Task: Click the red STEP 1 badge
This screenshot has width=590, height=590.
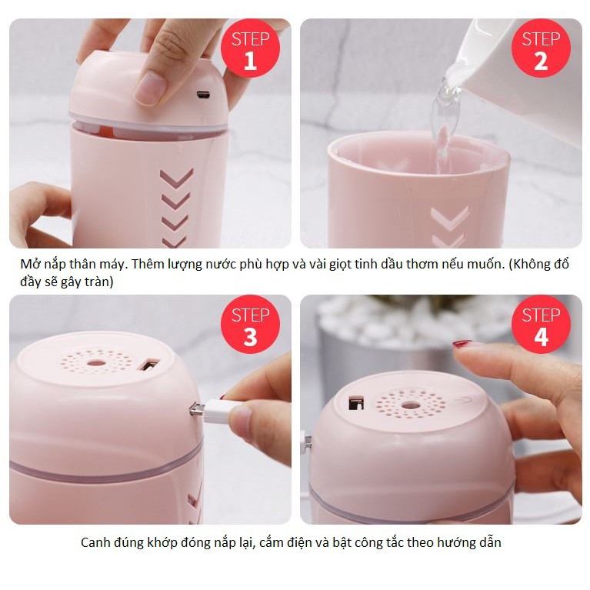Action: point(250,48)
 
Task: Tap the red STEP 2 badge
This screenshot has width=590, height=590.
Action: point(541,48)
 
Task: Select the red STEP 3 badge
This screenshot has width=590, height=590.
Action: point(250,324)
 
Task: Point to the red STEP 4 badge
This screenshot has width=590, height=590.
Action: point(541,324)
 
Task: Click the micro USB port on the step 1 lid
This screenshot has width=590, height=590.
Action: point(204,95)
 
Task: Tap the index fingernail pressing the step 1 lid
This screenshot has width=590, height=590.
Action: point(150,88)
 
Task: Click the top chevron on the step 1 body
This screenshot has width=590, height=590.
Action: point(176,178)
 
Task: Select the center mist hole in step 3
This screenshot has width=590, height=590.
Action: point(97,364)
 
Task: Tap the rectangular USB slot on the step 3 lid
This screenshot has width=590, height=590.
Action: point(150,365)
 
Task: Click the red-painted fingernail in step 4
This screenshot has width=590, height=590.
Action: point(462,344)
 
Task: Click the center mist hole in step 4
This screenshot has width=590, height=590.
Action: point(410,405)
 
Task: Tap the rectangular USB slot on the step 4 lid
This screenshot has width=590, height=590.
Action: point(356,402)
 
